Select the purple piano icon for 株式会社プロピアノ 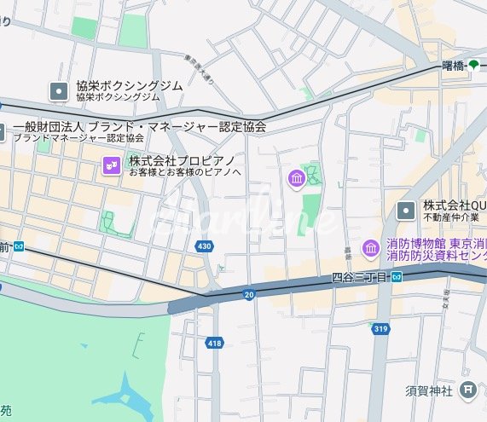pyautogui.click(x=110, y=165)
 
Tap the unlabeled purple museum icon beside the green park pyautogui.click(x=297, y=179)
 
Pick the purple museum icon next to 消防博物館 pyautogui.click(x=371, y=248)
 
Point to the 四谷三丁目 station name pyautogui.click(x=359, y=277)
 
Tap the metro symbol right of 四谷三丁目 pyautogui.click(x=397, y=276)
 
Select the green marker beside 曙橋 pyautogui.click(x=474, y=66)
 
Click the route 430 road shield pyautogui.click(x=203, y=246)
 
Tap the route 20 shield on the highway pyautogui.click(x=249, y=294)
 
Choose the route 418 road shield pyautogui.click(x=214, y=343)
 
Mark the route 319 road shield pyautogui.click(x=380, y=328)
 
